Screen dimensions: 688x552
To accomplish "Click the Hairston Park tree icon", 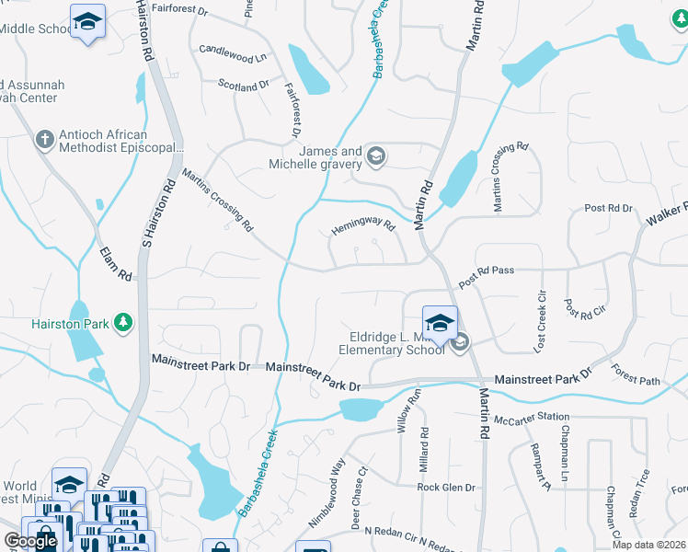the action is point(121,323).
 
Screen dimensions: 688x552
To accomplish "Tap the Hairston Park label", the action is point(69,323).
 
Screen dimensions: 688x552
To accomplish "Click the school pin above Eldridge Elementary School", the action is point(440,323).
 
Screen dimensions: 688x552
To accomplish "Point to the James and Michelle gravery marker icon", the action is point(375,156).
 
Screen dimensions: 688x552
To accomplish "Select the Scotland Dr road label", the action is point(243,84).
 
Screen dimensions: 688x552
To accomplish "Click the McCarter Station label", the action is point(525,419).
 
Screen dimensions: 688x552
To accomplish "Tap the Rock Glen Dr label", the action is point(445,488).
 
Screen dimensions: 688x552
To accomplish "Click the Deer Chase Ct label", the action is point(359,497).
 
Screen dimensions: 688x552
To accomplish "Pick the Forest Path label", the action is point(636,376).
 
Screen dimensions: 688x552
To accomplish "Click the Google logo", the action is point(29,541).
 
